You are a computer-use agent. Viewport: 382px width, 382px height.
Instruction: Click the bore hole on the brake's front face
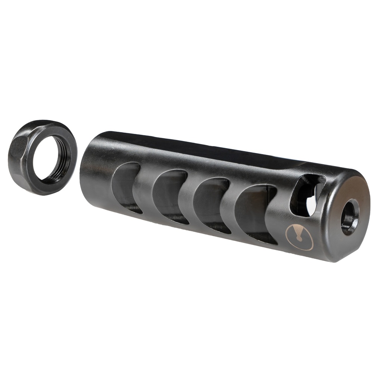(350, 217)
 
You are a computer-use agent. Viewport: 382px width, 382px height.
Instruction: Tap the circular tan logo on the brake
(299, 237)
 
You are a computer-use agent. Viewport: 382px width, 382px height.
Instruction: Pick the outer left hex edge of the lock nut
(13, 157)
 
